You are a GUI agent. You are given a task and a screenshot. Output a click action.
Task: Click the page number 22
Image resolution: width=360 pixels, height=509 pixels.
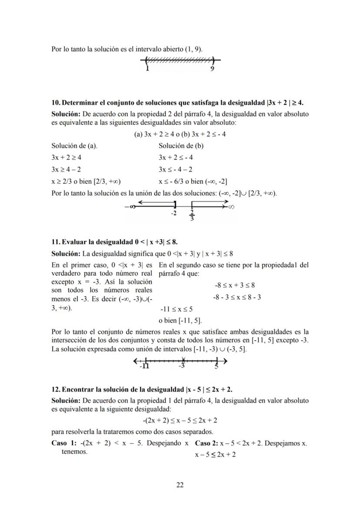click(x=180, y=485)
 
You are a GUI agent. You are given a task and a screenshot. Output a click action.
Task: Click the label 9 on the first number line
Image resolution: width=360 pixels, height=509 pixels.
click(x=212, y=69)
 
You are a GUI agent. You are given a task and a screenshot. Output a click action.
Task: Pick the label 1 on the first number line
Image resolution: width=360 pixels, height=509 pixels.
click(x=147, y=69)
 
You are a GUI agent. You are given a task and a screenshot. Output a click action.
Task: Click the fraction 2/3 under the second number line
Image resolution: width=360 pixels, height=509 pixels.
click(x=192, y=216)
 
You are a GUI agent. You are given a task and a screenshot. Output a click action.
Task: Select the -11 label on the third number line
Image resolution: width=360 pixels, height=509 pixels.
click(x=144, y=366)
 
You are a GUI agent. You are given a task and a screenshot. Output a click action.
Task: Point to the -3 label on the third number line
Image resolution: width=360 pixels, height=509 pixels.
click(x=182, y=366)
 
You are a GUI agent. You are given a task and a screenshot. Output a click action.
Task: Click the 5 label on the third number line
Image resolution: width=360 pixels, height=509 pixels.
click(x=216, y=366)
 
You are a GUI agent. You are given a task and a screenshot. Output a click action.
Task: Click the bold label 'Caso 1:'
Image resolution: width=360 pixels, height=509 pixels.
click(x=63, y=443)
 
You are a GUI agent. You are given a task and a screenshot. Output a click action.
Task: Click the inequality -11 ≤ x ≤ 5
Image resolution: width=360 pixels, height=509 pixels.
click(x=177, y=309)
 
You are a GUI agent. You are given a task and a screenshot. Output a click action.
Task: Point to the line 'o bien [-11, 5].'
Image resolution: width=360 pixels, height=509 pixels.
click(x=180, y=321)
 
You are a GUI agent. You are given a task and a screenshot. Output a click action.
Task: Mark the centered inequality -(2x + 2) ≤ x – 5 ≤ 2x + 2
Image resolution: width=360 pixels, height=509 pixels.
click(x=180, y=420)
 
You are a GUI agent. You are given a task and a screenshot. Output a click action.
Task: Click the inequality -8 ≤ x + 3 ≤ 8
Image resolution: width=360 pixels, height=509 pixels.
click(x=235, y=286)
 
